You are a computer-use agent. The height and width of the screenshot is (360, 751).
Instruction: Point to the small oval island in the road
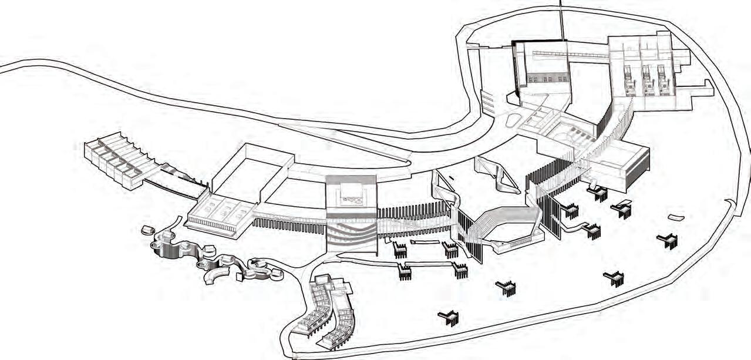[512, 121]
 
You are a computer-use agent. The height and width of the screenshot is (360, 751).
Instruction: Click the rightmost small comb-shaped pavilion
[668, 240]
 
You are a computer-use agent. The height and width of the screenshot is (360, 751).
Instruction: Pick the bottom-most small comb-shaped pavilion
[449, 318]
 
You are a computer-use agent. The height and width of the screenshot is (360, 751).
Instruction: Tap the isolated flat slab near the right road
[676, 217]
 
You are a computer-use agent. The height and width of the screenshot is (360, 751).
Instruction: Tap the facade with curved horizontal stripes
[351, 232]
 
